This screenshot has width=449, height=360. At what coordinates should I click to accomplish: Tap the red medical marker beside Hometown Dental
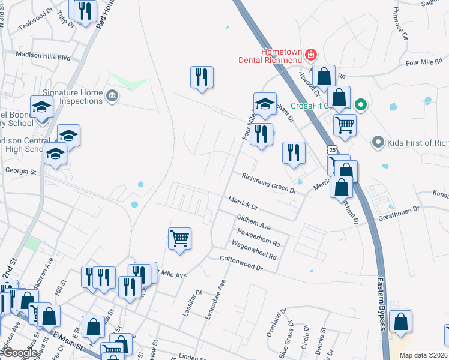tap(311, 56)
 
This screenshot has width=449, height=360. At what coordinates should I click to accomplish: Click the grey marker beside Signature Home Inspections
tap(112, 96)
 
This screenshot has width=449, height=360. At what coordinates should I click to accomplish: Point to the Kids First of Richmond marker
tap(377, 143)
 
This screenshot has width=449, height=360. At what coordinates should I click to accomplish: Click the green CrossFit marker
tap(360, 106)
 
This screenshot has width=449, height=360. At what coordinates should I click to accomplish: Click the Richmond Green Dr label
tap(270, 183)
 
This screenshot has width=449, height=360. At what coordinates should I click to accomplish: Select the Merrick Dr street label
tap(243, 203)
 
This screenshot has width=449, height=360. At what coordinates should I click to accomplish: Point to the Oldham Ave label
tap(254, 223)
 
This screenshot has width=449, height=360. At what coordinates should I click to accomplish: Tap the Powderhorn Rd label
tap(259, 239)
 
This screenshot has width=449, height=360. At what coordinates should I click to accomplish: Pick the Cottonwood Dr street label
tap(242, 265)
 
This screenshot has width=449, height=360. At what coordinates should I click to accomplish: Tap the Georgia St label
tap(20, 172)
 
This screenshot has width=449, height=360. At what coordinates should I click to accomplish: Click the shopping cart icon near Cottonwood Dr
tap(180, 238)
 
